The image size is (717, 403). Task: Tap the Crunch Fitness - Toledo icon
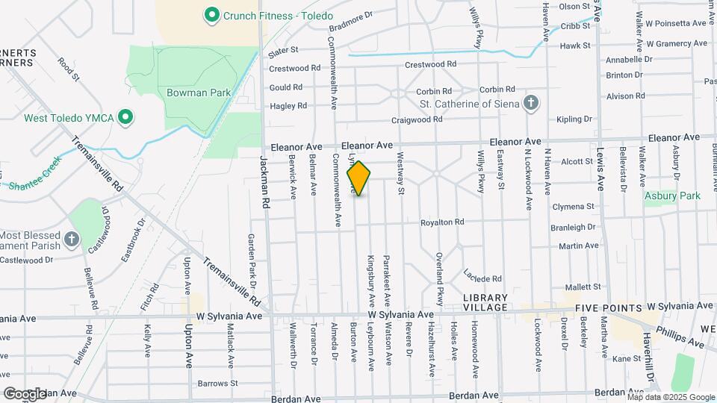tap(211, 14)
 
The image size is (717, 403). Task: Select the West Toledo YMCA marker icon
tap(126, 117)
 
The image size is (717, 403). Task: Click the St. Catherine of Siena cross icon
tap(530, 103)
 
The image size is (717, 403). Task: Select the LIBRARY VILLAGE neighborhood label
tap(485, 302)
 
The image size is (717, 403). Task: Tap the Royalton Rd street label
tap(442, 222)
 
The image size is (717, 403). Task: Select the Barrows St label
tap(217, 384)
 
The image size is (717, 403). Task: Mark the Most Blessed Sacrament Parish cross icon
tap(72, 239)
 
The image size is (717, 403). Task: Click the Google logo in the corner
tap(25, 393)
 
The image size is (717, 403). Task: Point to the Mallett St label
tap(583, 287)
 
